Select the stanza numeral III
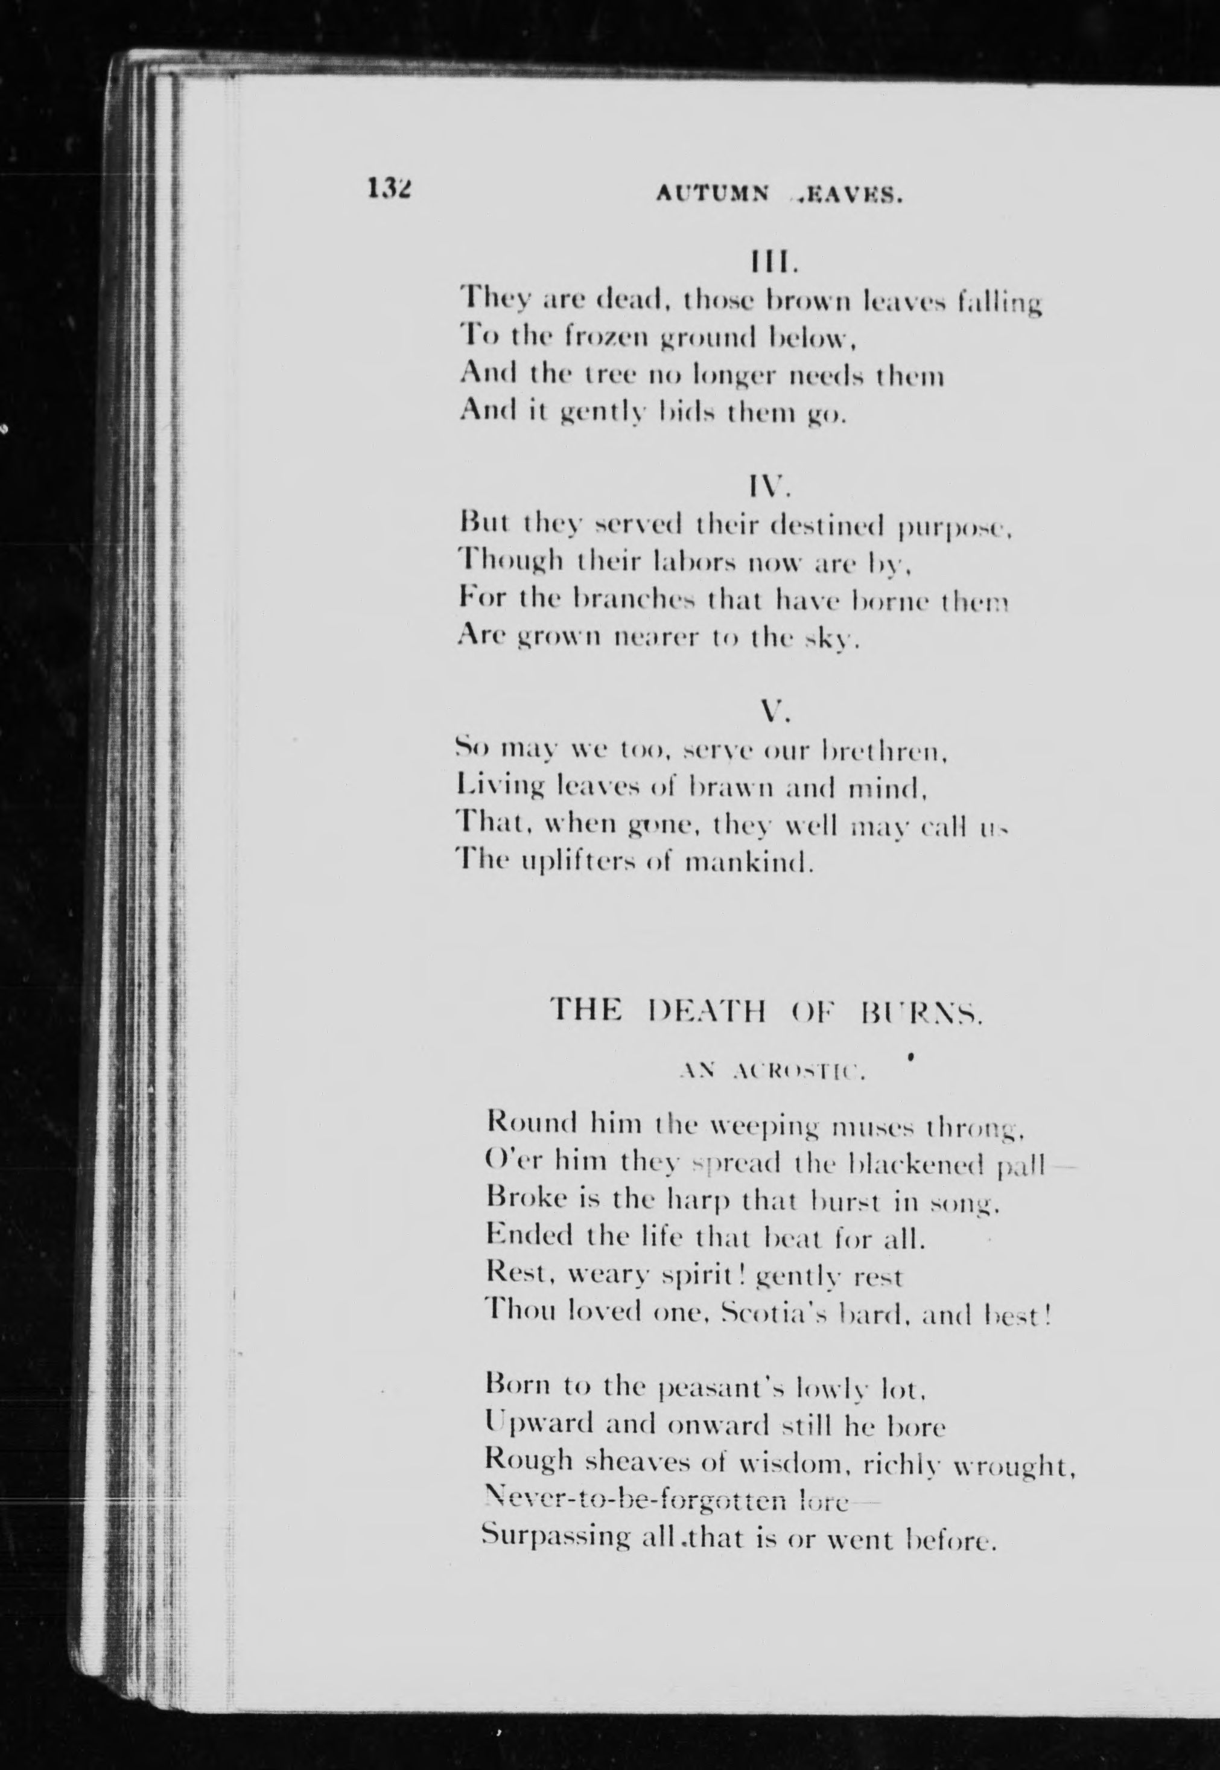[773, 263]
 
